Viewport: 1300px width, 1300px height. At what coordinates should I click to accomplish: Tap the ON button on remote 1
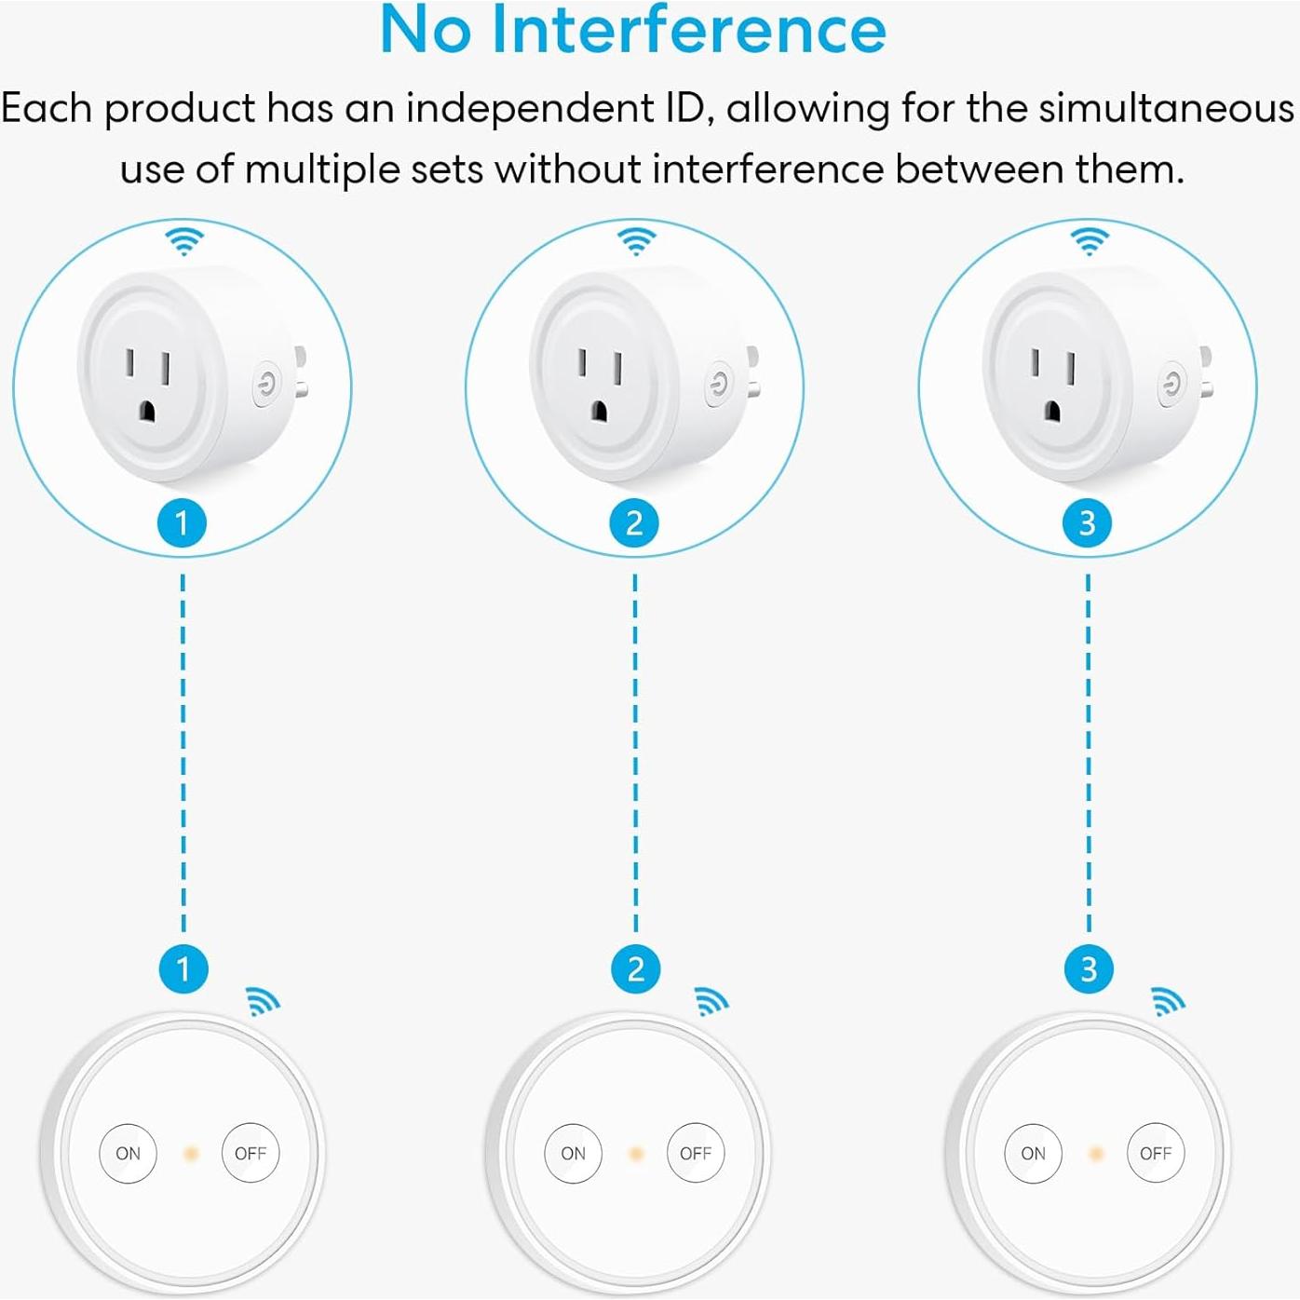tap(129, 1153)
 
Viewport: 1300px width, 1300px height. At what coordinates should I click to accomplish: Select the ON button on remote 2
tap(574, 1153)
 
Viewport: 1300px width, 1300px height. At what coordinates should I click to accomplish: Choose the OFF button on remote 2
tap(696, 1153)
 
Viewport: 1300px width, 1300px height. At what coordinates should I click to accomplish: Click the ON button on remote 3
tap(1033, 1153)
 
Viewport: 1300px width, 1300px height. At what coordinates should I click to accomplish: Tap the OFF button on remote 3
tap(1156, 1153)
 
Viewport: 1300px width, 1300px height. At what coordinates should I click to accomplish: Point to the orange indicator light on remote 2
tap(635, 1154)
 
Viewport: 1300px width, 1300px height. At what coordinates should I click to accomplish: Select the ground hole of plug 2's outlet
tap(599, 412)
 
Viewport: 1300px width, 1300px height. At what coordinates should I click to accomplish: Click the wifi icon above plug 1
tap(184, 241)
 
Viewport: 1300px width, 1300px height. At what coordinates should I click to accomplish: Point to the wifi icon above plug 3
tap(1090, 241)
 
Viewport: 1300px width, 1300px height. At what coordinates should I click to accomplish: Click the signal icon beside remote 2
tap(711, 1001)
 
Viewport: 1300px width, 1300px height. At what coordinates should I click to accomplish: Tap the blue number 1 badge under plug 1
tap(183, 522)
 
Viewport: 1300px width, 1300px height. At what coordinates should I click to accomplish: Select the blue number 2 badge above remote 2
tap(635, 968)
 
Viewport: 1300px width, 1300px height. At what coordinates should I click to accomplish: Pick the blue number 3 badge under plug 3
tap(1088, 522)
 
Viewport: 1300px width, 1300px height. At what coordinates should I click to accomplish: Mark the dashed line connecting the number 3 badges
tap(1089, 752)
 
